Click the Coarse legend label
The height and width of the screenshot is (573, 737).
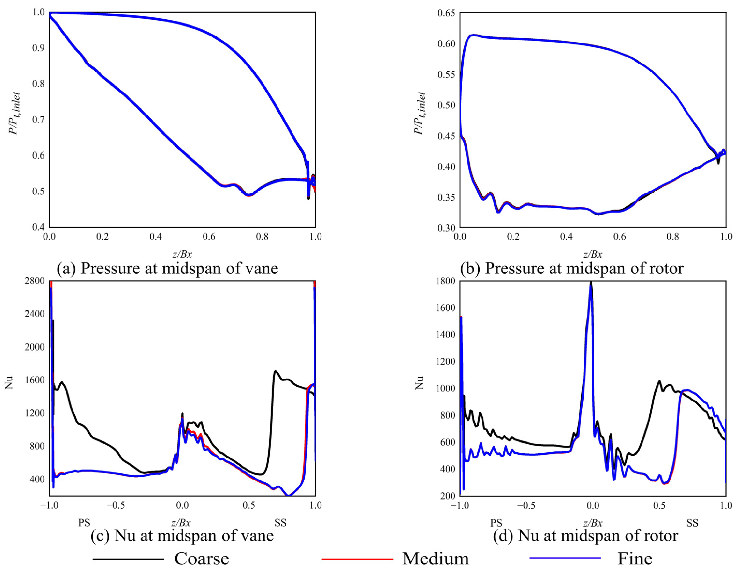click(201, 559)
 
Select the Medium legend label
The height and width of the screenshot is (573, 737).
click(436, 559)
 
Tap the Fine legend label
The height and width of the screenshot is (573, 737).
click(635, 559)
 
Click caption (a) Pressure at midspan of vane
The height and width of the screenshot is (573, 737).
click(167, 268)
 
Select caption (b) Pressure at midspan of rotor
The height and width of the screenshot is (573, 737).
click(572, 268)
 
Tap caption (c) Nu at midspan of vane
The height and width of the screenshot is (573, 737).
click(182, 536)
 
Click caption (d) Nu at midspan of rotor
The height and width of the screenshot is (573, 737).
click(585, 536)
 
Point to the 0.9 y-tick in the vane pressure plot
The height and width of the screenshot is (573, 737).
click(38, 48)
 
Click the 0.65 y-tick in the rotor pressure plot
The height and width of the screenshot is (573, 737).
click(446, 13)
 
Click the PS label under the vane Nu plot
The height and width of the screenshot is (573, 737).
click(84, 523)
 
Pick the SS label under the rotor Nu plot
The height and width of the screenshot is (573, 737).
click(692, 523)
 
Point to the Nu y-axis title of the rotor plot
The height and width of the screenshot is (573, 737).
click(419, 383)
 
